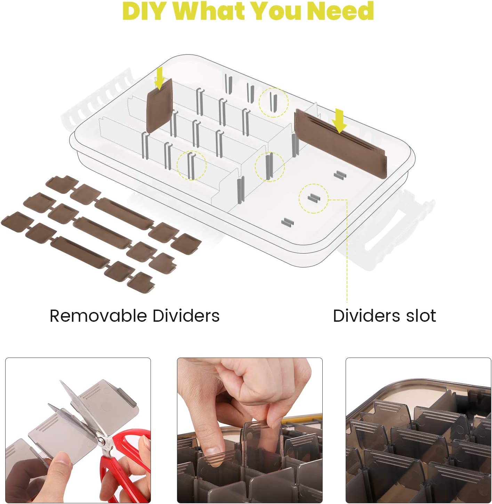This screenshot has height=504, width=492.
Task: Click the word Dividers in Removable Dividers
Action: tap(186, 316)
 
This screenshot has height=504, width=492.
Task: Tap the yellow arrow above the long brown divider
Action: tap(339, 121)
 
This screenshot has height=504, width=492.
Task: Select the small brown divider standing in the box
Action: tap(159, 106)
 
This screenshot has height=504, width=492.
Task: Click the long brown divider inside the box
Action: tap(340, 144)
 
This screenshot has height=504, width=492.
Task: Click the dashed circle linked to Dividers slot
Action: tap(313, 198)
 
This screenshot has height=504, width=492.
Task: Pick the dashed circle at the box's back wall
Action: tap(273, 102)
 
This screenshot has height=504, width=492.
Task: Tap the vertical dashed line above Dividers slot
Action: tap(347, 251)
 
